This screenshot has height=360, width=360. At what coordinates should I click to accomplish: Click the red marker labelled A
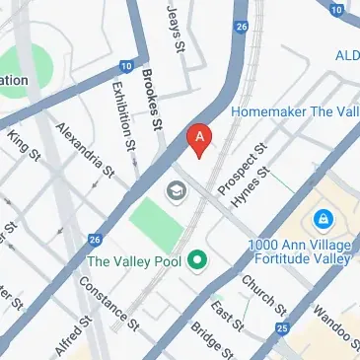(201, 140)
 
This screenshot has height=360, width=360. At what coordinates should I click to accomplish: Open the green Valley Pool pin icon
(197, 261)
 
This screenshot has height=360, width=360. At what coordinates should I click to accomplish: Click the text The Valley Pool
(134, 261)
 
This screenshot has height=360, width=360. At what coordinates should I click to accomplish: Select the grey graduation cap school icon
(178, 190)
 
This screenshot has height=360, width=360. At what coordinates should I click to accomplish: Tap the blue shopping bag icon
(323, 218)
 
